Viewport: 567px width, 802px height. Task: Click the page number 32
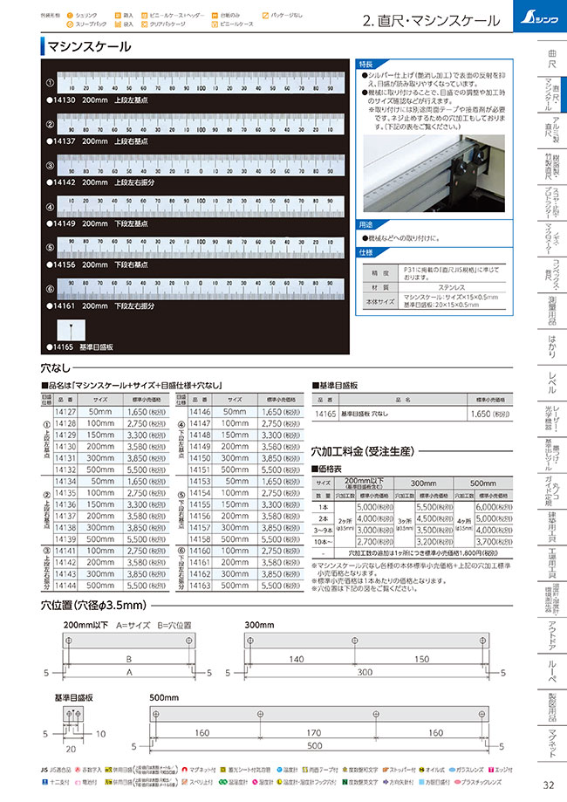(547, 783)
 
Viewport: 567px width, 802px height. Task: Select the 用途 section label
(365, 225)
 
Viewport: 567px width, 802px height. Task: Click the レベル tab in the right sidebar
(550, 380)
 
